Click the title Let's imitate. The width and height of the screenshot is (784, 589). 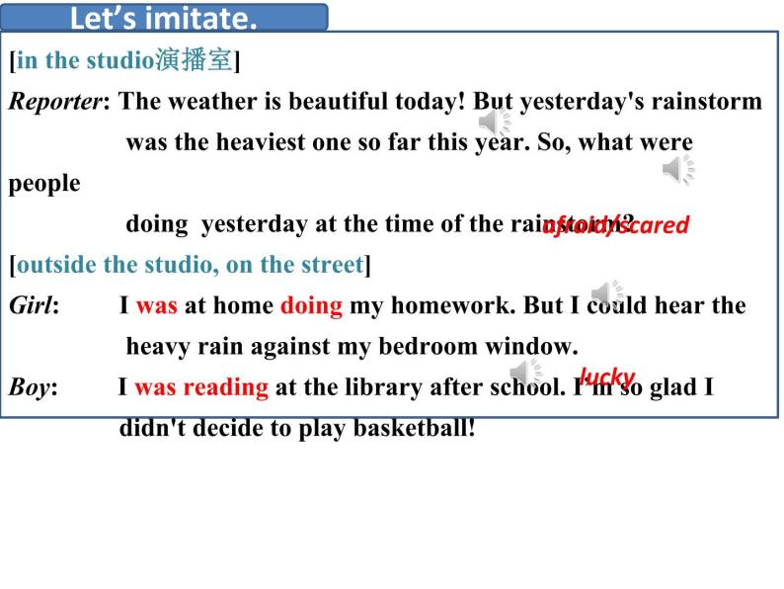coord(164,18)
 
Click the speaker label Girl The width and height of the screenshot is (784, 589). coord(33,305)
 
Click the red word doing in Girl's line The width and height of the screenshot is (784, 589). coord(311,305)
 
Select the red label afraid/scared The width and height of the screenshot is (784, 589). coord(615,225)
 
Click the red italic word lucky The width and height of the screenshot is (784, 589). coord(606,377)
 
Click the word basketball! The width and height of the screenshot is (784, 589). coord(415,429)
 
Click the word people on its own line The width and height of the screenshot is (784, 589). coord(44,184)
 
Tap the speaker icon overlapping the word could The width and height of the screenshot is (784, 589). coord(606,294)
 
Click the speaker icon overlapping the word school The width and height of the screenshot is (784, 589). coord(525,373)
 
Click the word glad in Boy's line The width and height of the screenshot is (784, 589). coord(674,387)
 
